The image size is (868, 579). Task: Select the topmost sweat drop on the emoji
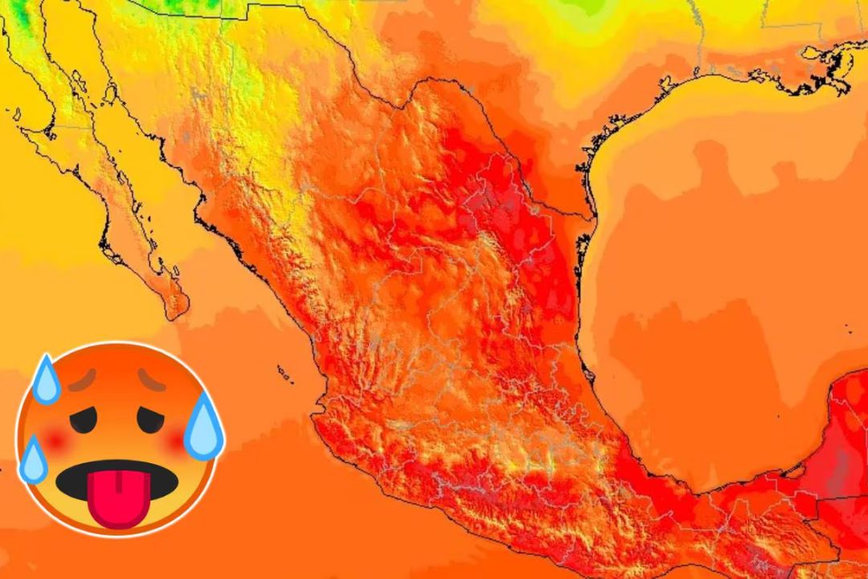tap(47, 377)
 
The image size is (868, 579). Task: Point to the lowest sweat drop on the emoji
tap(33, 458)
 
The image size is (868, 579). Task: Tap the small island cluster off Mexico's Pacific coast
tap(284, 372)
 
